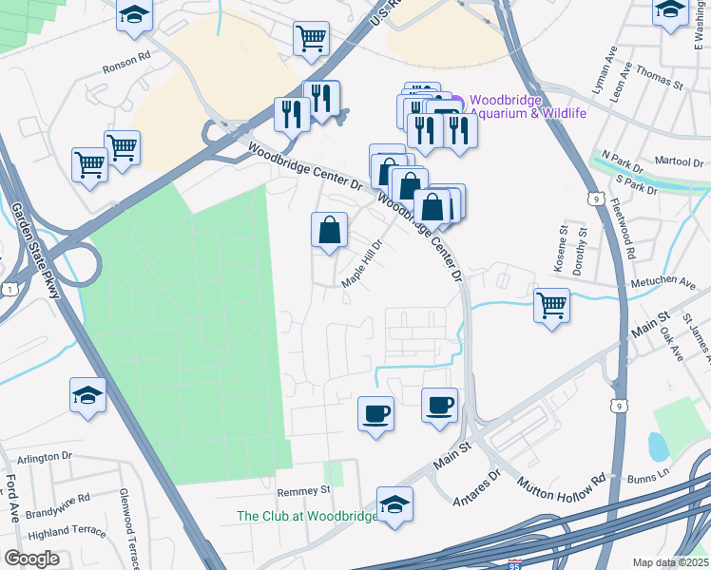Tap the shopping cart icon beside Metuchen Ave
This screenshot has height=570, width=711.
pos(551,305)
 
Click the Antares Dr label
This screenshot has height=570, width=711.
pos(478,484)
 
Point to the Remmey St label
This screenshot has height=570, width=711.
pos(303,491)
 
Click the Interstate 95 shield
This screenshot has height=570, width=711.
pos(513,562)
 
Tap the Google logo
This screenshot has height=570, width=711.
pos(31,559)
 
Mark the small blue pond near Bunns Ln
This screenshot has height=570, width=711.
pos(657,446)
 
